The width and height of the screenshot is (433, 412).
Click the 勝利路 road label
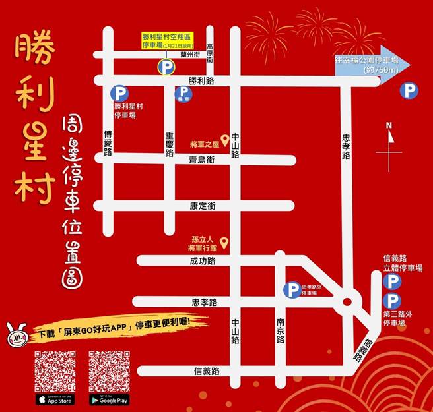pyautogui.click(x=201, y=81)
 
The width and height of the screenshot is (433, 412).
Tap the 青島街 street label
pyautogui.click(x=202, y=160)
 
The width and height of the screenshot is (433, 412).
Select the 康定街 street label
pyautogui.click(x=202, y=206)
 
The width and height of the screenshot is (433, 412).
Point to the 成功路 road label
pyautogui.click(x=203, y=261)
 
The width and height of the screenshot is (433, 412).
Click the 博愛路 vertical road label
pyautogui.click(x=108, y=142)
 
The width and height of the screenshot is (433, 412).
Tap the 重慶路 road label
pyautogui.click(x=170, y=143)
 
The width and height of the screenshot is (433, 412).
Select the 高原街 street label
pyautogui.click(x=210, y=53)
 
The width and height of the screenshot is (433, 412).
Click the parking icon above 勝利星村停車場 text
pyautogui.click(x=119, y=94)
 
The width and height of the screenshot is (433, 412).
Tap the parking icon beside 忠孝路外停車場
pyautogui.click(x=291, y=289)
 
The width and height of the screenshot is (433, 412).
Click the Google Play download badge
pyautogui.click(x=109, y=399)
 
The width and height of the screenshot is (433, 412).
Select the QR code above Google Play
pyautogui.click(x=109, y=370)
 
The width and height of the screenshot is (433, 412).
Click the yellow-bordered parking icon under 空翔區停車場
pyautogui.click(x=165, y=67)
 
